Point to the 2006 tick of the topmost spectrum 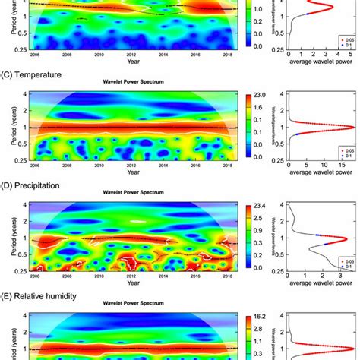tap(35, 55)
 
